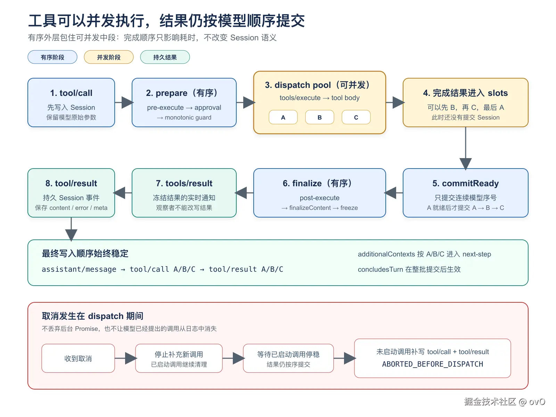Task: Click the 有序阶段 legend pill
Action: click(x=52, y=57)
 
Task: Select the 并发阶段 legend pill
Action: click(x=109, y=57)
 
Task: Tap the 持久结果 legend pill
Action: click(x=165, y=57)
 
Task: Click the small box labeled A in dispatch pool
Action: click(x=283, y=117)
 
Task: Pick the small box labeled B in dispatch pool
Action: click(x=319, y=117)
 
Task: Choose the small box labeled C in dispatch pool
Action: click(x=356, y=117)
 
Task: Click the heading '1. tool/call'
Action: click(x=71, y=93)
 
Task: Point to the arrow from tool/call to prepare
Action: click(x=124, y=103)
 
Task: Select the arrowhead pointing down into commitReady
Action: click(x=465, y=164)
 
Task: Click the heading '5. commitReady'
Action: click(x=465, y=183)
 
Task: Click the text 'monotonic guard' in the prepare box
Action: click(x=188, y=117)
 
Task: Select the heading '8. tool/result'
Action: click(x=71, y=183)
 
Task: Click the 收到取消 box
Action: click(x=78, y=358)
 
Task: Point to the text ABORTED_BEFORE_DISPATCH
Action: click(x=432, y=364)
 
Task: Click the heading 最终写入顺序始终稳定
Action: click(x=85, y=253)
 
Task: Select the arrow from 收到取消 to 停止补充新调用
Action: click(x=126, y=358)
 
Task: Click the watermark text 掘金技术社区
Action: click(x=490, y=402)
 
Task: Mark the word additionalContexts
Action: click(x=386, y=254)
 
